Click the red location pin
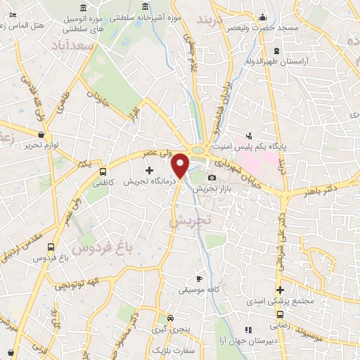point(181,165)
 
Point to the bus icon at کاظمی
point(103,171)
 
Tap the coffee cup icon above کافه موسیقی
point(199,278)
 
